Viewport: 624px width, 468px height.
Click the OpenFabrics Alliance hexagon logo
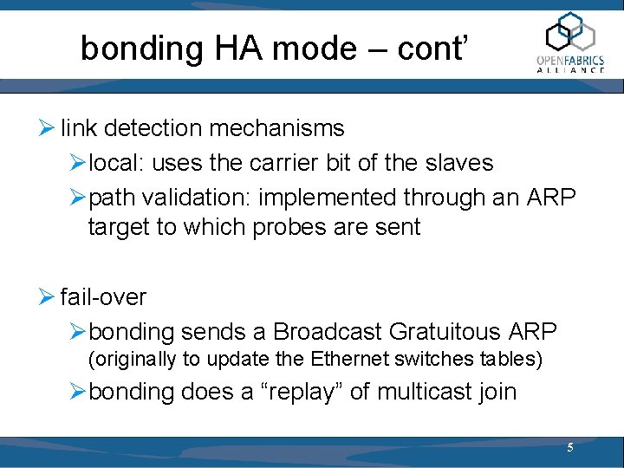[x=570, y=33]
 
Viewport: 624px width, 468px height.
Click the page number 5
[x=569, y=448]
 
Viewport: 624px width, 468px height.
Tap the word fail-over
[x=103, y=297]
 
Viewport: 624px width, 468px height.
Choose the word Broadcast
[x=328, y=332]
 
